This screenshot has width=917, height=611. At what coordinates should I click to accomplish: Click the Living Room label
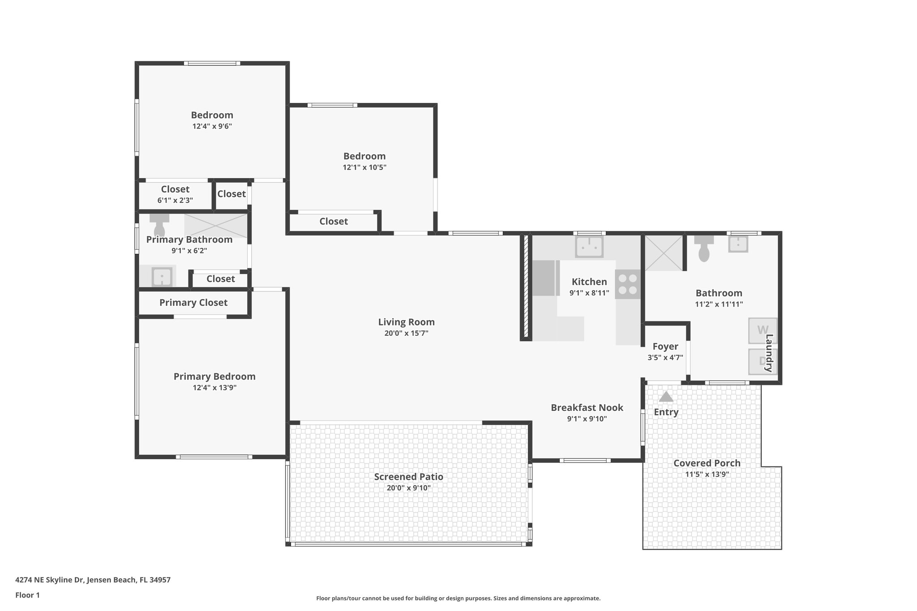pyautogui.click(x=406, y=322)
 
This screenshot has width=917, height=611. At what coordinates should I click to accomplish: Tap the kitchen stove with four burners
pyautogui.click(x=628, y=284)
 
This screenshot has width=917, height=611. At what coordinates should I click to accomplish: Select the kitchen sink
pyautogui.click(x=589, y=247)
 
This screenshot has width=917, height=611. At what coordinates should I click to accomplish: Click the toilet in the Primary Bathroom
pyautogui.click(x=159, y=224)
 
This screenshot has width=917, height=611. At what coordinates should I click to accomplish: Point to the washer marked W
pyautogui.click(x=762, y=330)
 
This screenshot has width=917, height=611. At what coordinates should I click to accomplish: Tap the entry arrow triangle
pyautogui.click(x=666, y=397)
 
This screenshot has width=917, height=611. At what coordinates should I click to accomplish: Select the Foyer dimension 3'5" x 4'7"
pyautogui.click(x=665, y=358)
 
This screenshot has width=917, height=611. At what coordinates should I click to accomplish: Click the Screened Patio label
pyautogui.click(x=408, y=477)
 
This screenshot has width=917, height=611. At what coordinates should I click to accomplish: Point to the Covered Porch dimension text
pyautogui.click(x=707, y=474)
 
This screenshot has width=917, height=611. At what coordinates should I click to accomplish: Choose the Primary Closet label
pyautogui.click(x=193, y=303)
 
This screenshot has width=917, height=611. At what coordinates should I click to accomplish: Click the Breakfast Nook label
pyautogui.click(x=587, y=408)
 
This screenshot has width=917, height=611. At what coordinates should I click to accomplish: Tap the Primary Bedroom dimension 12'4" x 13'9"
pyautogui.click(x=214, y=388)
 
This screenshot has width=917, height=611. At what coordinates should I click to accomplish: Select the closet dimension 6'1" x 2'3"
pyautogui.click(x=175, y=201)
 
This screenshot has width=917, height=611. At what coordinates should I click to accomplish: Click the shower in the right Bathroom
pyautogui.click(x=663, y=253)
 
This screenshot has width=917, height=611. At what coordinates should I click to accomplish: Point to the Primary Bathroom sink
pyautogui.click(x=162, y=277)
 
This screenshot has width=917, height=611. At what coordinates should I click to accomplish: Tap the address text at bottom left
pyautogui.click(x=93, y=580)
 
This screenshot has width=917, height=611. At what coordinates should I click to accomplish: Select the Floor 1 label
pyautogui.click(x=27, y=595)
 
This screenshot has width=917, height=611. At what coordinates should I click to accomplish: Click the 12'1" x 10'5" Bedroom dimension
pyautogui.click(x=364, y=167)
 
